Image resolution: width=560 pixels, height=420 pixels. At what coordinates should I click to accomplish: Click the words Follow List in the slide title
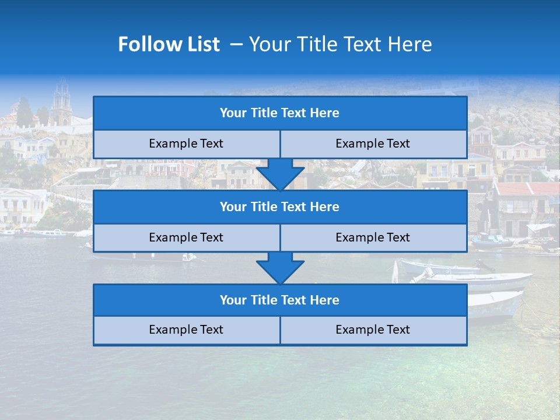[x=169, y=44]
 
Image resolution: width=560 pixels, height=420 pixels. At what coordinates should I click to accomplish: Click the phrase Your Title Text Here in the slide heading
[x=340, y=44]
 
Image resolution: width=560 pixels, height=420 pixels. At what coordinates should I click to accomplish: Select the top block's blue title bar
[x=280, y=113]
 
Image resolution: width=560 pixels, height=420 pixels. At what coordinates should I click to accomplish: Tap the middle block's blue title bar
[x=280, y=206]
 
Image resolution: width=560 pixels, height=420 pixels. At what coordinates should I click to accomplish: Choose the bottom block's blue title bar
[x=280, y=300]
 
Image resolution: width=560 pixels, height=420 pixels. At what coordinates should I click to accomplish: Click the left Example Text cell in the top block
[x=186, y=143]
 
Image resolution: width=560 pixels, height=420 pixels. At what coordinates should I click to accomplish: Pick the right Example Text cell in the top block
[x=373, y=143]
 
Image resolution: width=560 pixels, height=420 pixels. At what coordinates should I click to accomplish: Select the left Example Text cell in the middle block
[x=186, y=237]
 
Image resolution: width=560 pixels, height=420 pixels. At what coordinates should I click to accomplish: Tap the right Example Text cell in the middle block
[x=373, y=237]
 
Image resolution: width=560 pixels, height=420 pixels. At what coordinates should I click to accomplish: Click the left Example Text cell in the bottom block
[x=186, y=330]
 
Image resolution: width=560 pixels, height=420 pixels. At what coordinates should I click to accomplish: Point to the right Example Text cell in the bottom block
[x=373, y=330]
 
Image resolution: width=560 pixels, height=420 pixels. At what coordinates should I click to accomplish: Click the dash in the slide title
[x=237, y=44]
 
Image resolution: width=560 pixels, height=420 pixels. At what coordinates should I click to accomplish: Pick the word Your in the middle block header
[x=233, y=206]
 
